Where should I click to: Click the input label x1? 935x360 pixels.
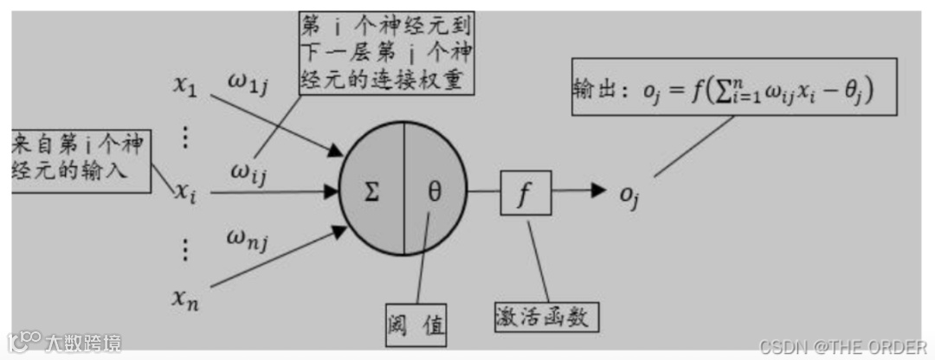(x=187, y=86)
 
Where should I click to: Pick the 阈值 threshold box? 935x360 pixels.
(x=416, y=325)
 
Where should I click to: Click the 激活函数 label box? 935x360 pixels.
(x=547, y=316)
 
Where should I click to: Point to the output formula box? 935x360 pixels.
(x=732, y=86)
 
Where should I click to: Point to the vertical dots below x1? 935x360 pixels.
(x=185, y=137)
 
